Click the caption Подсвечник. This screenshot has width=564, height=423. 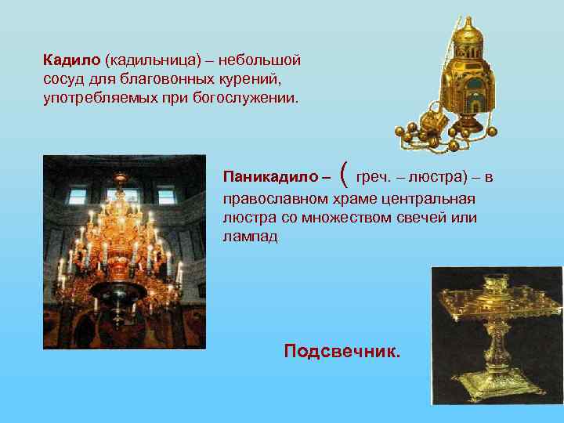[342, 350]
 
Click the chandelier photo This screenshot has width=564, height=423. [125, 251]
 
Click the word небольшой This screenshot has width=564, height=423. [260, 60]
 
